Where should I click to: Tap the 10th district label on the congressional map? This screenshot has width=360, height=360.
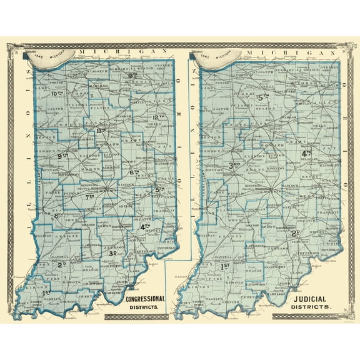(57, 94)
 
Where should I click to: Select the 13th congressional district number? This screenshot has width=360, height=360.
(132, 76)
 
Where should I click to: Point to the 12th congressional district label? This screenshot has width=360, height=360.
(157, 117)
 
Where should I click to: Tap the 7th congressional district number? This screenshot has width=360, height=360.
(89, 197)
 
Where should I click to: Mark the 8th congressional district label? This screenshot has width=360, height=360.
(60, 216)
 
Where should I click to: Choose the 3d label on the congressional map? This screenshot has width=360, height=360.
(113, 253)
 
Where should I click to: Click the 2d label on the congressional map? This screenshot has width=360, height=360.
(62, 264)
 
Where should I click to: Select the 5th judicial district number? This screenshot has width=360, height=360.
(263, 97)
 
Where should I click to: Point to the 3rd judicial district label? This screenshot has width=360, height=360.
(234, 165)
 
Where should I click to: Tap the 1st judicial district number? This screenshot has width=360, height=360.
(226, 266)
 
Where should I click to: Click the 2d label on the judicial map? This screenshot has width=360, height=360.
(296, 233)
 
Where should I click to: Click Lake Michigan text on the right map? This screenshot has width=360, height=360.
(216, 57)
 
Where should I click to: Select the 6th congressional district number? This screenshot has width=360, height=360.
(133, 172)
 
